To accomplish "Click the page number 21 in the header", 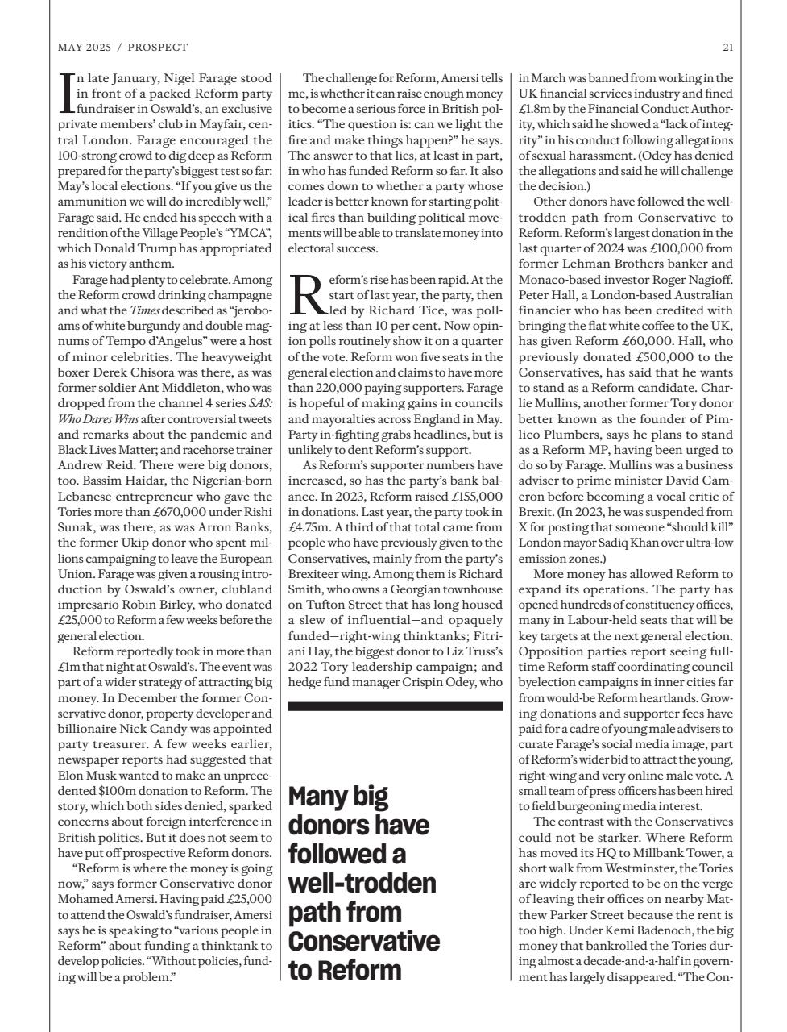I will point(727,48).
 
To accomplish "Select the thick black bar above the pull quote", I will point(395,706).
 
